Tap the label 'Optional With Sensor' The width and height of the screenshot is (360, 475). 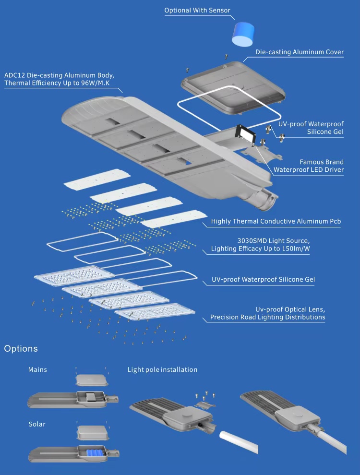[x=197, y=11]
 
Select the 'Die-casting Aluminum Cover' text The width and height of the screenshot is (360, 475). [x=300, y=52]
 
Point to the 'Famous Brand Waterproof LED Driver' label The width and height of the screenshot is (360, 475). [x=309, y=166]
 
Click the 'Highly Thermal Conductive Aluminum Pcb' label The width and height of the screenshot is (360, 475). [x=276, y=222]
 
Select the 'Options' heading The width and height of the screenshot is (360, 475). [x=21, y=349]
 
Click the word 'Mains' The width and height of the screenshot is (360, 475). [x=37, y=369]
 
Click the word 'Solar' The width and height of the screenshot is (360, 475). [x=37, y=424]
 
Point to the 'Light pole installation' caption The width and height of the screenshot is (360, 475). [x=162, y=369]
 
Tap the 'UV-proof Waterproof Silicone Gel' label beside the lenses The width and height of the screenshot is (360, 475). [x=263, y=279]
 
